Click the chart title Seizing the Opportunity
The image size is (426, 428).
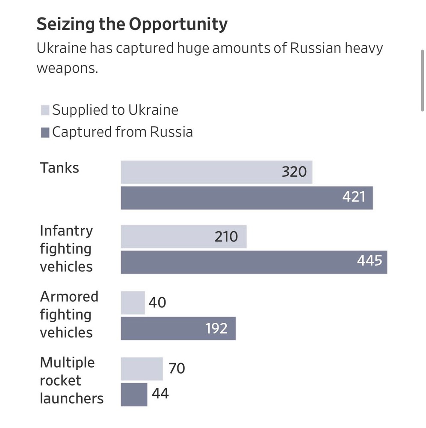pyautogui.click(x=132, y=25)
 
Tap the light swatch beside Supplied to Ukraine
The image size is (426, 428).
pyautogui.click(x=45, y=110)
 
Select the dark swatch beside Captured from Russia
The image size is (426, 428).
pyautogui.click(x=45, y=132)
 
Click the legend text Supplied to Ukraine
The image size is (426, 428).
pyautogui.click(x=115, y=110)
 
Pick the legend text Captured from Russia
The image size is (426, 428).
pyautogui.click(x=122, y=132)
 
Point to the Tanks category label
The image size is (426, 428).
pyautogui.click(x=59, y=168)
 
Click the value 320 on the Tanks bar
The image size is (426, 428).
pyautogui.click(x=294, y=172)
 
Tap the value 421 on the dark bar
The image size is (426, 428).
pyautogui.click(x=354, y=197)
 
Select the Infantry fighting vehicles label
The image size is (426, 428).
pyautogui.click(x=66, y=248)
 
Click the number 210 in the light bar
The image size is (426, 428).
pyautogui.click(x=226, y=236)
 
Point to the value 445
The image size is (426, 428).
pyautogui.click(x=370, y=261)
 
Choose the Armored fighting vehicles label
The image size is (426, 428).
pyautogui.click(x=69, y=314)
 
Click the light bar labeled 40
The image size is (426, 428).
pyautogui.click(x=133, y=303)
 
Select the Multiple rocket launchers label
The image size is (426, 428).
pyautogui.click(x=71, y=380)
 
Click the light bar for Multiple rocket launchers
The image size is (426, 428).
pyautogui.click(x=142, y=369)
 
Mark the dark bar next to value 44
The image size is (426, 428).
pyautogui.click(x=134, y=394)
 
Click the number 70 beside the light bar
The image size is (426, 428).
pyautogui.click(x=177, y=368)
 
